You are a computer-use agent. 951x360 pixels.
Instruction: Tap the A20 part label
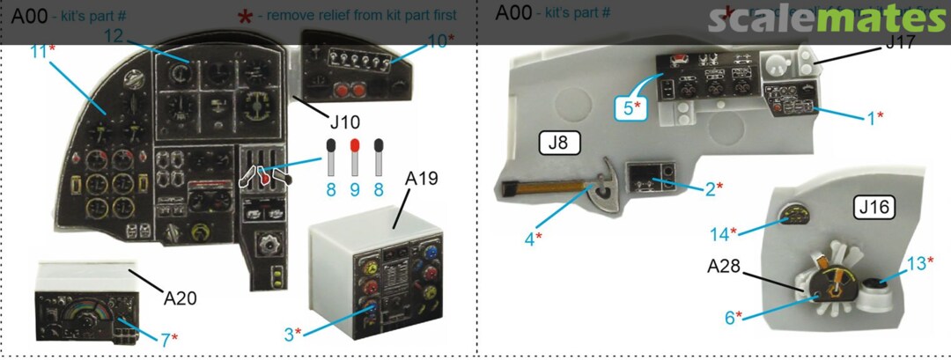(x=180, y=298)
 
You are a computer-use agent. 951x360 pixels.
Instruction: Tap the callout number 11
(x=37, y=52)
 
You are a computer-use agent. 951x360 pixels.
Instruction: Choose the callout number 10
(x=438, y=39)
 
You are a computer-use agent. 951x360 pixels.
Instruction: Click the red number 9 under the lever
(x=354, y=188)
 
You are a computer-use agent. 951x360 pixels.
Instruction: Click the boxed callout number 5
(x=629, y=108)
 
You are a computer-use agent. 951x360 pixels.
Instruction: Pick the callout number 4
(x=531, y=237)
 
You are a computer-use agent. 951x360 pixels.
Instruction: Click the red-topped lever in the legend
(x=354, y=155)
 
